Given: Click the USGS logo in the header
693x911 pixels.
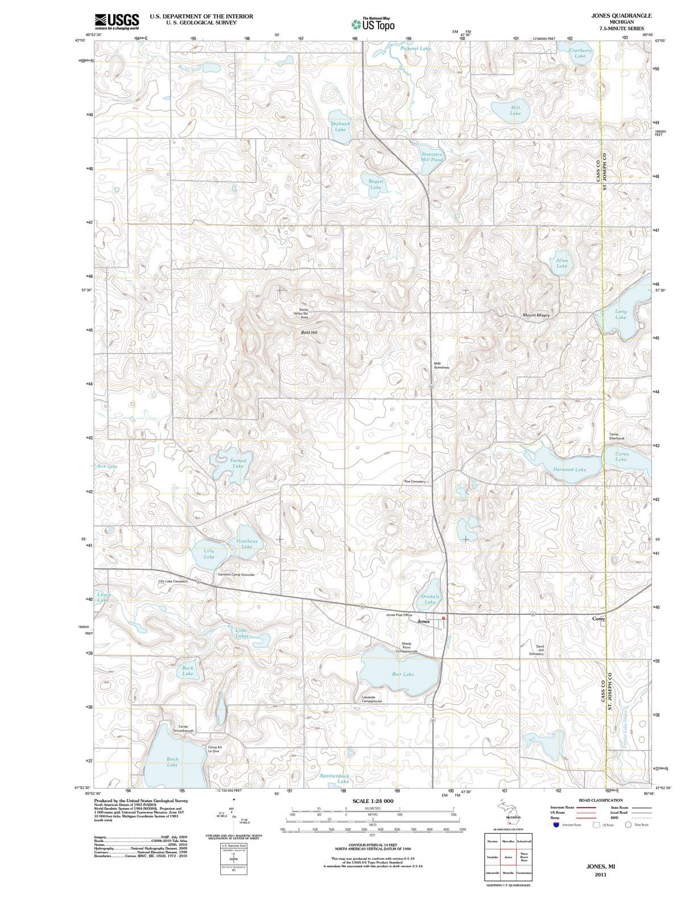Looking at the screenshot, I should tap(117, 20).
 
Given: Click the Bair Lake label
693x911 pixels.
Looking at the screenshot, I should tap(403, 674).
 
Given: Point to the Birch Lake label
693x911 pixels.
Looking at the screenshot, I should tap(172, 762).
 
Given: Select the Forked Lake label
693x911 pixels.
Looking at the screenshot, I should tap(238, 463).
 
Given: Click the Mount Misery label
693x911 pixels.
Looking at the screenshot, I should tap(536, 315).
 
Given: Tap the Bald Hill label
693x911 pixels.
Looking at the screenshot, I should tap(309, 332).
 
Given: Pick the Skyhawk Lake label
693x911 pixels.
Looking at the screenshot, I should tap(340, 126).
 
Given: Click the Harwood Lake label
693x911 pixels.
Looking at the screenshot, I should tap(569, 470).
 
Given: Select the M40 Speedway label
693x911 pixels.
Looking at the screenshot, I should tap(442, 366).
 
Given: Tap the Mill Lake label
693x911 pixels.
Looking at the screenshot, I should tap(515, 110).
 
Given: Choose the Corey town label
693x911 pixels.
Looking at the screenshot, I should tap(599, 618).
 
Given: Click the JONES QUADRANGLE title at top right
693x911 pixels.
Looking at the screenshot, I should tap(621, 15).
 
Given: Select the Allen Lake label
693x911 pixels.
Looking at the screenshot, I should tap(562, 263).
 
